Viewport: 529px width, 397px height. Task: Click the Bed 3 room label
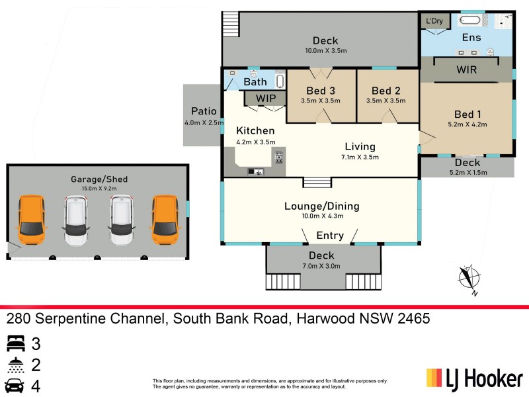pos(321,91)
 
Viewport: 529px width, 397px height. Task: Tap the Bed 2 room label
pos(387,91)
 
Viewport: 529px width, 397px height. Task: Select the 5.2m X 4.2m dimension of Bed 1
pos(467,124)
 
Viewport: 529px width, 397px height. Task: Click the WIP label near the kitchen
pos(266,99)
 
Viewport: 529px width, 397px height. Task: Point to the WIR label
pos(467,69)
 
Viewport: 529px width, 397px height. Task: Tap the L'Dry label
pos(434,21)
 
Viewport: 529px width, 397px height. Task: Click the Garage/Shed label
pos(99,179)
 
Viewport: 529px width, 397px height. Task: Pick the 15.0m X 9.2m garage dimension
pos(99,188)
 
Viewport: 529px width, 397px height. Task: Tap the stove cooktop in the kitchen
pos(279,157)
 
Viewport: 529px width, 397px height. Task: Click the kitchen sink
pos(255,172)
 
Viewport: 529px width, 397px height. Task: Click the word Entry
pos(330,236)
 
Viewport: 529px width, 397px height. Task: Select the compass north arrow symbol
pos(470,278)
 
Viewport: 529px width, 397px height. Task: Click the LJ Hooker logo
pos(474,378)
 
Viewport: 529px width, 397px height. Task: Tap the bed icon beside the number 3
pos(15,343)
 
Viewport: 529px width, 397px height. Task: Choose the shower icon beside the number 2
pos(15,365)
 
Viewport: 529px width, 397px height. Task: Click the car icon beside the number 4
pos(15,386)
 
